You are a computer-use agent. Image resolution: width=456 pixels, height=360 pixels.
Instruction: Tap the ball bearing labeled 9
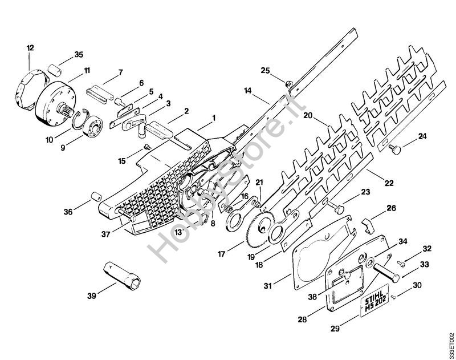pos(93,126)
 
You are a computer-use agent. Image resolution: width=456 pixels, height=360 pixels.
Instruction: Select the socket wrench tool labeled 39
pos(122,276)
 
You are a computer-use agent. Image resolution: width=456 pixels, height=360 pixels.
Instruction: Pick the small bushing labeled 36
pos(96,196)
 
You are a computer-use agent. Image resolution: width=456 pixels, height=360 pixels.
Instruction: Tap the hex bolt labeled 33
pos(386,272)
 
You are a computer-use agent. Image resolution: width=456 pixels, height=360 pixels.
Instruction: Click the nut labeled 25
pos(289,83)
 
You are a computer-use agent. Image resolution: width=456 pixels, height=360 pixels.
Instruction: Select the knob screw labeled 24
pos(394,149)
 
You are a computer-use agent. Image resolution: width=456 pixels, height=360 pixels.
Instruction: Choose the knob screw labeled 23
pos(336,207)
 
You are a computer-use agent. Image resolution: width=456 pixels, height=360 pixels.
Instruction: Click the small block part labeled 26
pos(368,225)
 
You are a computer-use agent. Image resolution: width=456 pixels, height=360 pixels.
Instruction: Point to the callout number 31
pos(267,286)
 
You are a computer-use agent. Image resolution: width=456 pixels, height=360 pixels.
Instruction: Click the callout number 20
pos(308,116)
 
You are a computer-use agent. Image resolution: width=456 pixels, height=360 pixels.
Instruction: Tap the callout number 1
pos(214,118)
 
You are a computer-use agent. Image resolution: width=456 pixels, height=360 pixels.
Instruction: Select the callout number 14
pos(247,91)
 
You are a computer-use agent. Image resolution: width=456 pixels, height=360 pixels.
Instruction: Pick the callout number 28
pos(302,319)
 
